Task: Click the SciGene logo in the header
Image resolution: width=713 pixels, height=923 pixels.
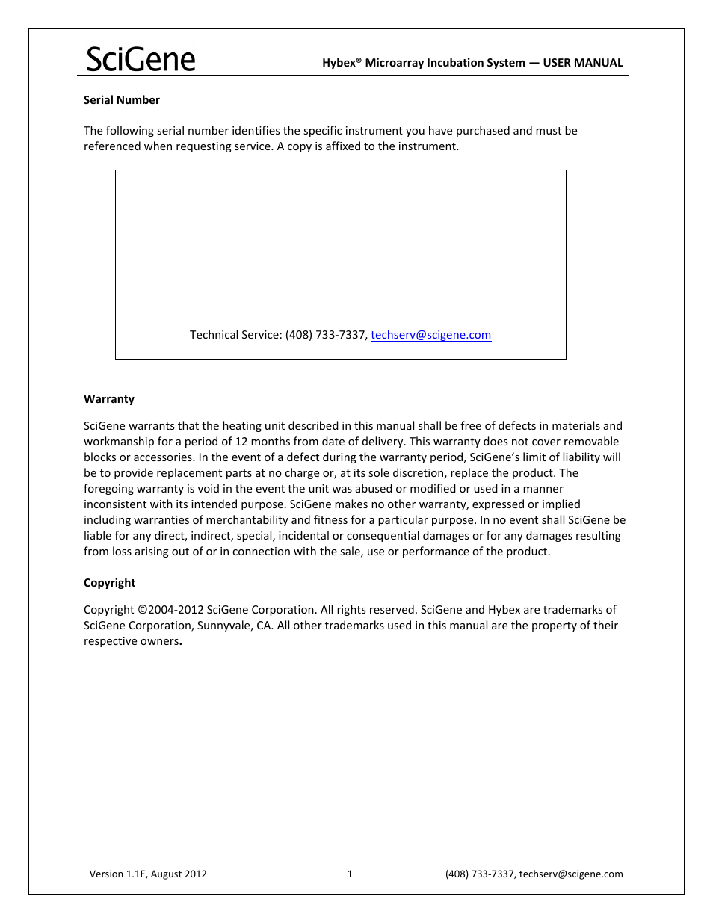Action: click(x=141, y=59)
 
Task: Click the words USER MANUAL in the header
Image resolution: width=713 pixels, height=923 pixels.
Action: click(x=582, y=63)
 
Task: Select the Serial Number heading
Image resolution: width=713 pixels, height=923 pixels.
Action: click(x=122, y=100)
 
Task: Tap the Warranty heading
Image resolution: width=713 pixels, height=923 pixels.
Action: click(x=109, y=399)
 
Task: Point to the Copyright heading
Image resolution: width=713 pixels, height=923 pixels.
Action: click(x=110, y=583)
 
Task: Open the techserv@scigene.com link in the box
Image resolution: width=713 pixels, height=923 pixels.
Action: click(x=430, y=335)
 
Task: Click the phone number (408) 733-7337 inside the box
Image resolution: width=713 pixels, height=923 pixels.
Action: click(x=326, y=335)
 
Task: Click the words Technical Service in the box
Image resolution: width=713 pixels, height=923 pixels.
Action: click(x=235, y=335)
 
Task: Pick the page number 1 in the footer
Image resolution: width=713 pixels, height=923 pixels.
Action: click(x=350, y=874)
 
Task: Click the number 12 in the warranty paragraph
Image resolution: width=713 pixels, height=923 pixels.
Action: click(x=241, y=442)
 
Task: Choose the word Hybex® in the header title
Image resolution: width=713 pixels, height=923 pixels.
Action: click(x=342, y=63)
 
